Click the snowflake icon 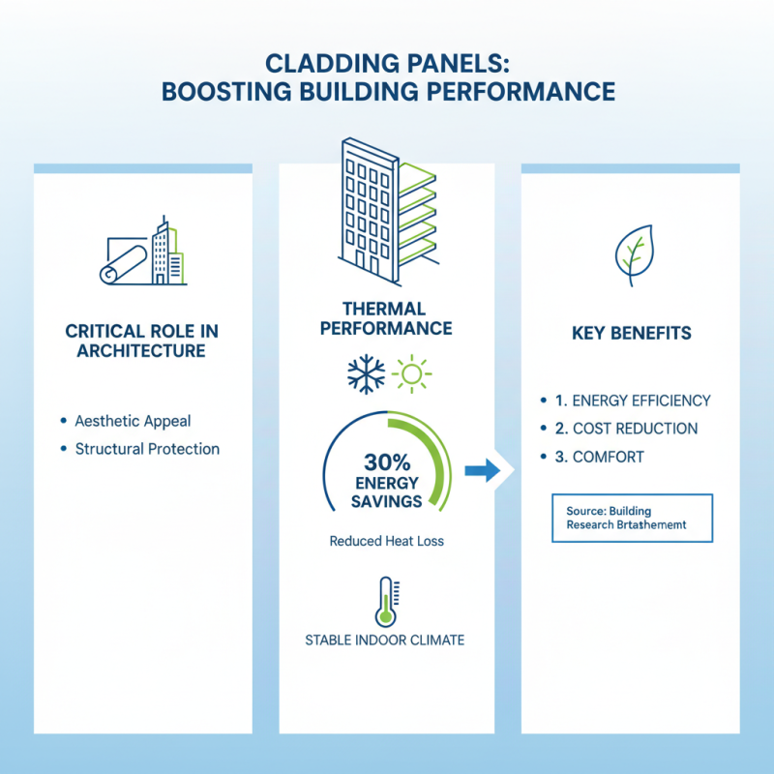tap(366, 374)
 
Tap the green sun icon tap(413, 374)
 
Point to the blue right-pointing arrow tap(482, 471)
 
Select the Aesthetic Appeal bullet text tap(133, 421)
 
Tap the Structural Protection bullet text tap(147, 449)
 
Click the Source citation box tap(632, 517)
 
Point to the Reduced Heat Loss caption tap(386, 541)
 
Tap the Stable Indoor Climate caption tap(385, 640)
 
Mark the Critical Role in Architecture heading tap(142, 341)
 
